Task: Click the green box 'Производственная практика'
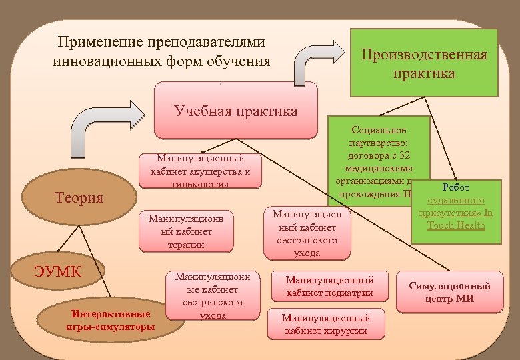424,63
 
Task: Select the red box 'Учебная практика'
236,110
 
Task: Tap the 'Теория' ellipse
79,197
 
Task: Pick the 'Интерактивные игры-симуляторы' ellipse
111,319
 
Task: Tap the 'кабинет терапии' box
187,231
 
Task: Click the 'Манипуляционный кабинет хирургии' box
326,324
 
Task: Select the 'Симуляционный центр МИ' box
449,292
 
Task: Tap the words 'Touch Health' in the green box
456,225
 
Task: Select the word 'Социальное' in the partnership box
378,130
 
